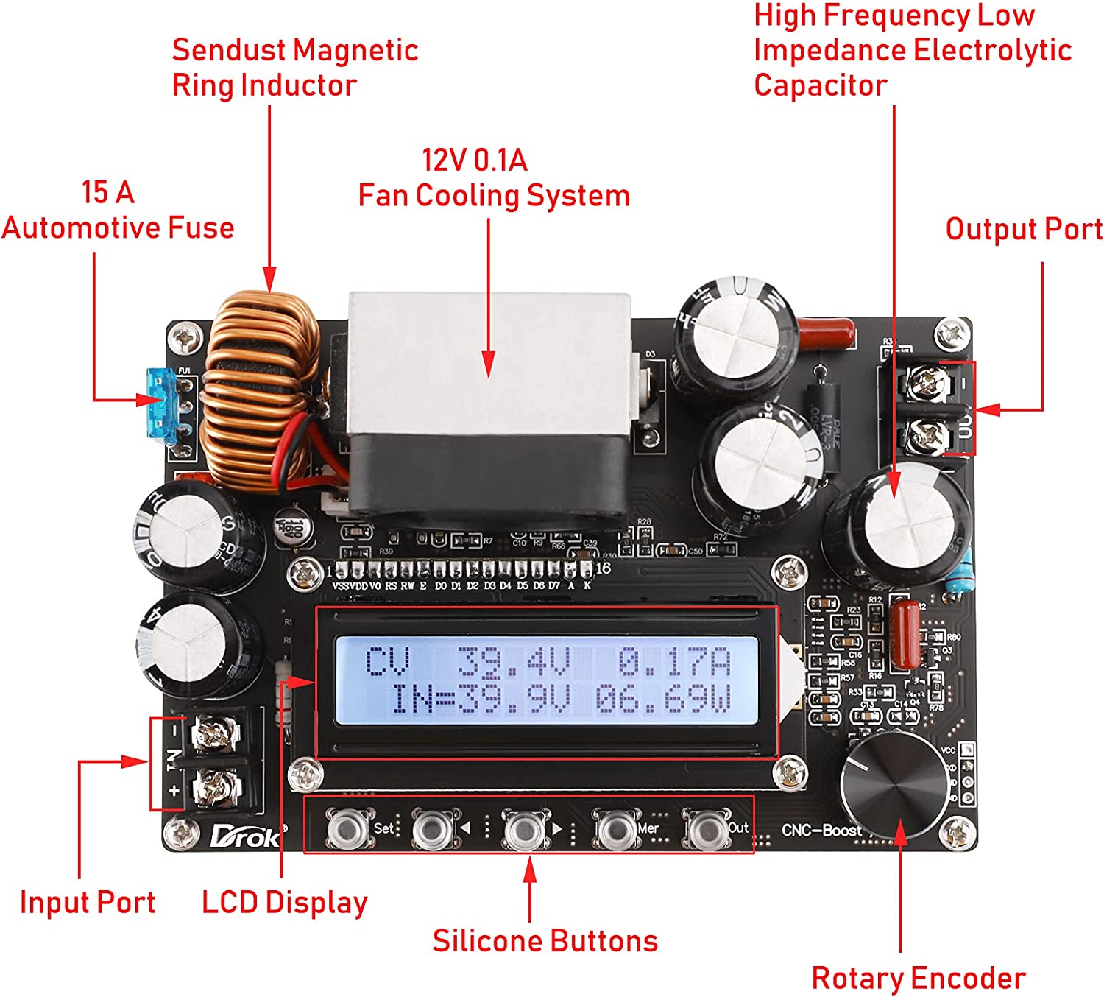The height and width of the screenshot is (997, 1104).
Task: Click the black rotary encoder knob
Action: (894, 785)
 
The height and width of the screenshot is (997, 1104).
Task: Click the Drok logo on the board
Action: (245, 836)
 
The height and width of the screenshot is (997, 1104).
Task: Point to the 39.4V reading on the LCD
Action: (513, 662)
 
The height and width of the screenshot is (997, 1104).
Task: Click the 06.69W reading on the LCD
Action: (663, 699)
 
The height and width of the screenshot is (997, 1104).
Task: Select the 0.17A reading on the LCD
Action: (673, 662)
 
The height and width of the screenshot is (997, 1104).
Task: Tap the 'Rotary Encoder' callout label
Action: (918, 979)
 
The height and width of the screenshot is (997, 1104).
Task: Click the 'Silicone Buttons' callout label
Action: (545, 941)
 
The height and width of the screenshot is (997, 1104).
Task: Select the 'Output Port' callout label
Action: (1024, 229)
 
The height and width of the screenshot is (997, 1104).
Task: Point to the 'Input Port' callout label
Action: (88, 903)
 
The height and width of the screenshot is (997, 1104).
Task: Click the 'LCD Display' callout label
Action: (285, 903)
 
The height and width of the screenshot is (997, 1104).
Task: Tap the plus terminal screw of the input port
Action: (215, 789)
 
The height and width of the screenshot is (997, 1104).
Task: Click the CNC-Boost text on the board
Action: (821, 831)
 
